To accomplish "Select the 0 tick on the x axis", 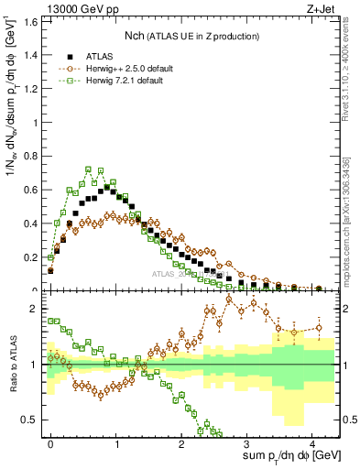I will [50, 442].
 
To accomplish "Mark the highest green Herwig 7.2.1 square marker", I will [88, 169].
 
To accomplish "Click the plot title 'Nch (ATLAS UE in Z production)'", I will [192, 36].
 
